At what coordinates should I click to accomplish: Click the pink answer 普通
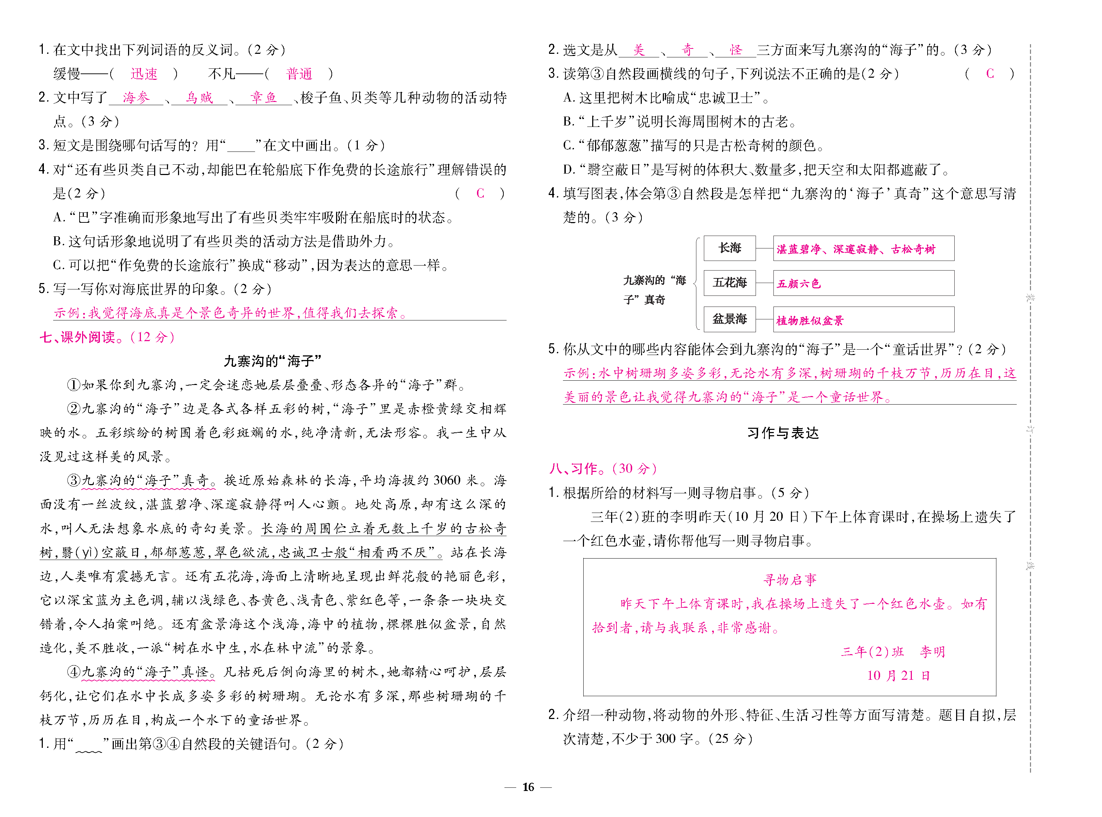[x=299, y=74]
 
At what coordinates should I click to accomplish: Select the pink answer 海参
[x=136, y=98]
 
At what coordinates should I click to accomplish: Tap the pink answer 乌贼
[x=199, y=98]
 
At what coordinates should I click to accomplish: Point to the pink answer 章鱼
[x=263, y=98]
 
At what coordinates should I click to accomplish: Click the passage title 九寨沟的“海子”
[x=273, y=361]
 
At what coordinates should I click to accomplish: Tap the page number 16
[x=528, y=787]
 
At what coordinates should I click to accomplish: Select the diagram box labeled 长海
[x=730, y=248]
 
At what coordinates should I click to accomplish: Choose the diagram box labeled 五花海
[x=730, y=283]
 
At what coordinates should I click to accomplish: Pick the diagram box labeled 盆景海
[x=730, y=319]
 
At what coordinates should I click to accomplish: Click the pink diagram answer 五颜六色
[x=799, y=284]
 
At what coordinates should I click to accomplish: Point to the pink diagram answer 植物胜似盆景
[x=809, y=320]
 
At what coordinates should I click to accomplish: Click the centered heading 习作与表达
[x=783, y=433]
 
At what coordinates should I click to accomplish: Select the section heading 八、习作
[x=578, y=469]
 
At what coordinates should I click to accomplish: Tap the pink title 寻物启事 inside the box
[x=790, y=580]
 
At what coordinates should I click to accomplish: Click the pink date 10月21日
[x=898, y=675]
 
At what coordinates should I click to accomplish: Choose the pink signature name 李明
[x=932, y=652]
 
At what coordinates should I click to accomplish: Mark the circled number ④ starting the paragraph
[x=74, y=672]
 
